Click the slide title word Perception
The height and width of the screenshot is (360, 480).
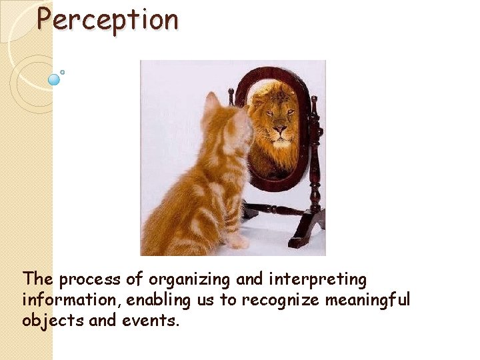[107, 20]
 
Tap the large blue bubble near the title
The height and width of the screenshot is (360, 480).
[55, 80]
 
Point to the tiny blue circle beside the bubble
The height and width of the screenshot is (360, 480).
[63, 72]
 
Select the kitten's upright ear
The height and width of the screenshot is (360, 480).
[212, 102]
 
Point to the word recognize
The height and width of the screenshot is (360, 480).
[281, 301]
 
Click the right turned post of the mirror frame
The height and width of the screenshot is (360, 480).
[315, 153]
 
